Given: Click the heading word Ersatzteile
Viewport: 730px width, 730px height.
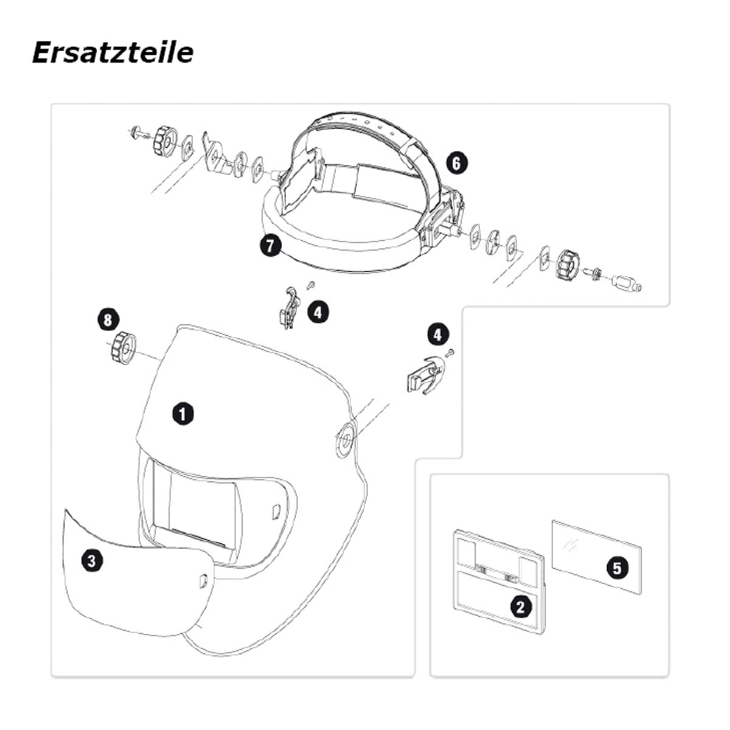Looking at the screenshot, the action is click(113, 53).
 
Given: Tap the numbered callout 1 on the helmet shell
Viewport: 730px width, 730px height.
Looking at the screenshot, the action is click(183, 414).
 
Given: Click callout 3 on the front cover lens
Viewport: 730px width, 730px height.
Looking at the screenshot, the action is click(92, 561).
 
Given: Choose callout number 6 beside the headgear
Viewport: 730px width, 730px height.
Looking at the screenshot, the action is click(456, 164).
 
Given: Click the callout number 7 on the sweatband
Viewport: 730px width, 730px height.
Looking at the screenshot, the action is click(271, 246).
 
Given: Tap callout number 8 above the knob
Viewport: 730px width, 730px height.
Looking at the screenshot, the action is click(108, 320).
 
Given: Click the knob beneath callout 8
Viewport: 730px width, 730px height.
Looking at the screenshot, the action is click(122, 347).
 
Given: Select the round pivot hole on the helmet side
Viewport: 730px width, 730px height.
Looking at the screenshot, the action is click(345, 438).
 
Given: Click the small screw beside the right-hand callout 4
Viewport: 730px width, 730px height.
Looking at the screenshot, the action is click(450, 352).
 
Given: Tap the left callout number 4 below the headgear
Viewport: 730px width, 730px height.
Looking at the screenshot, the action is click(318, 312).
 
